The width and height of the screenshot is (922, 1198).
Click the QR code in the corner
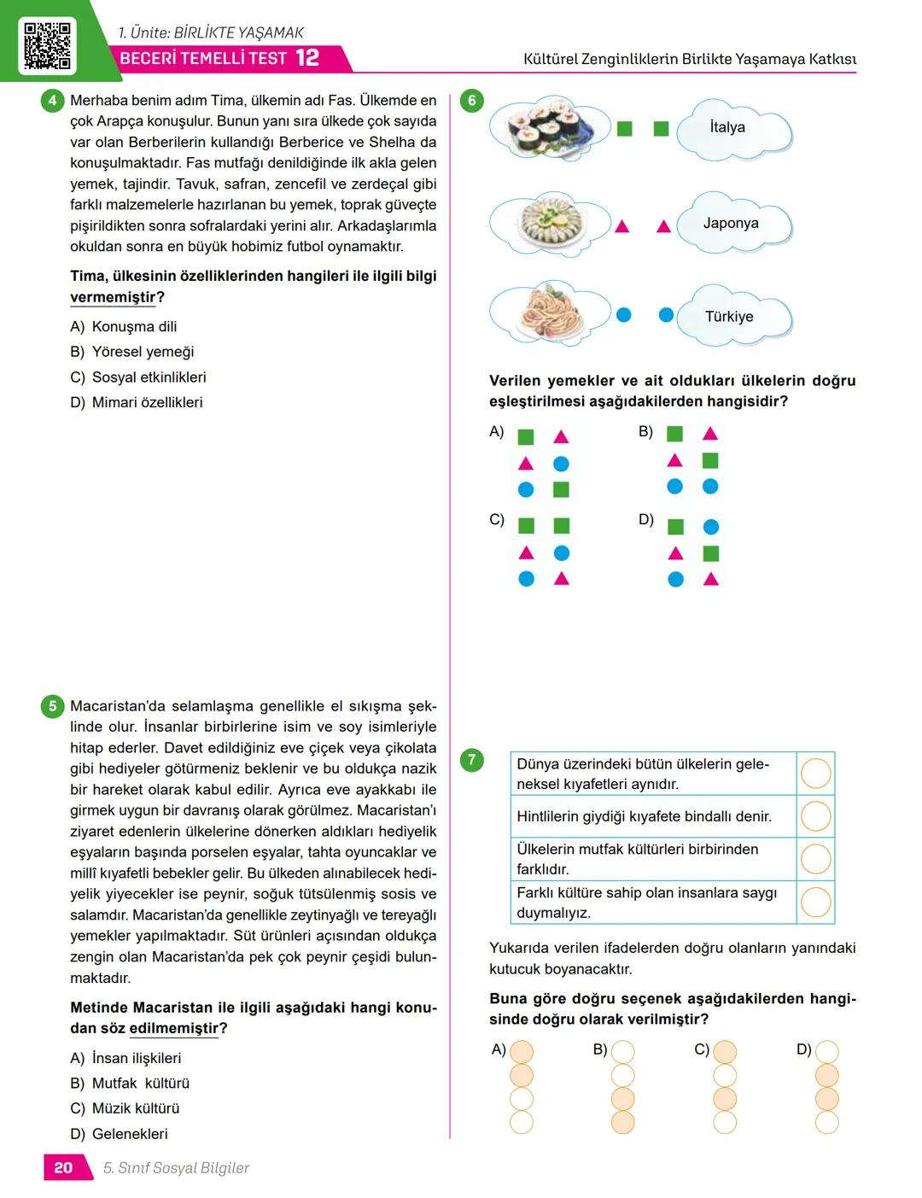tap(47, 45)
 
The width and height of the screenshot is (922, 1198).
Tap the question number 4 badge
tap(52, 101)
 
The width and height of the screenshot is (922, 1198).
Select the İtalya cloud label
tap(727, 127)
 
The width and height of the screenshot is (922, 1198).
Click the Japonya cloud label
tap(731, 223)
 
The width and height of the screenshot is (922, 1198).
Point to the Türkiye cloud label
tap(729, 317)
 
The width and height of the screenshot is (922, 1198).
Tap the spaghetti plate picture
tap(550, 312)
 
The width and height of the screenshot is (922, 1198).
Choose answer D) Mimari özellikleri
tap(137, 402)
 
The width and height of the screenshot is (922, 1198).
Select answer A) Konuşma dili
tap(124, 326)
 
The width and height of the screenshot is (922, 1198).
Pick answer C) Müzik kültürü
tap(125, 1108)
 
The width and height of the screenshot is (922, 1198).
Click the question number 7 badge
tap(472, 759)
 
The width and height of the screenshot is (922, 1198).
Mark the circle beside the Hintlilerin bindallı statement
tap(815, 816)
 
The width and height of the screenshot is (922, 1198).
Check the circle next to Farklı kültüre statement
tap(815, 902)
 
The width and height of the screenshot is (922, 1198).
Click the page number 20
tap(64, 1167)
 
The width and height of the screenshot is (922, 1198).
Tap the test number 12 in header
tap(307, 58)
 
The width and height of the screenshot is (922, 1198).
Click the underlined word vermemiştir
tap(113, 297)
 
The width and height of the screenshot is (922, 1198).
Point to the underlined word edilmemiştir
tap(173, 1028)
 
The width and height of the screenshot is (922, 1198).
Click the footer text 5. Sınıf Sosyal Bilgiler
tap(176, 1167)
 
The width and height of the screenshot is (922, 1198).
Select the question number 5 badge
tap(52, 706)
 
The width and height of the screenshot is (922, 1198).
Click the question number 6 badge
tap(472, 101)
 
